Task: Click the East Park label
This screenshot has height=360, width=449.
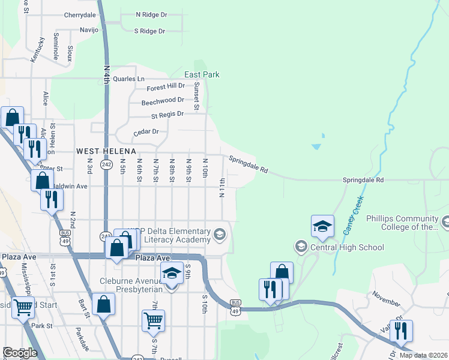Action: click(202, 74)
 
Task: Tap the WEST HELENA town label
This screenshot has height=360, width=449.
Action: click(106, 150)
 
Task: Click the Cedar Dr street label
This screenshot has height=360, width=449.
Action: click(146, 131)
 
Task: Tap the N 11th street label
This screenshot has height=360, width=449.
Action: click(223, 189)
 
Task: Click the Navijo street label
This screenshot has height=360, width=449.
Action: click(88, 29)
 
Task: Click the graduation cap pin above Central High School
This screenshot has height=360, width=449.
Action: click(322, 226)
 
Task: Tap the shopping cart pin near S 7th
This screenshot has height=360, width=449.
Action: click(153, 320)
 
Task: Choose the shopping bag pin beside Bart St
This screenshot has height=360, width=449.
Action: click(103, 304)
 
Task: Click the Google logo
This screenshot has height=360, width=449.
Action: click(20, 353)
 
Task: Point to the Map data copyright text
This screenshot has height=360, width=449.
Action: click(422, 355)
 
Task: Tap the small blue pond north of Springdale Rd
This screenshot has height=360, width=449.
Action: click(317, 146)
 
